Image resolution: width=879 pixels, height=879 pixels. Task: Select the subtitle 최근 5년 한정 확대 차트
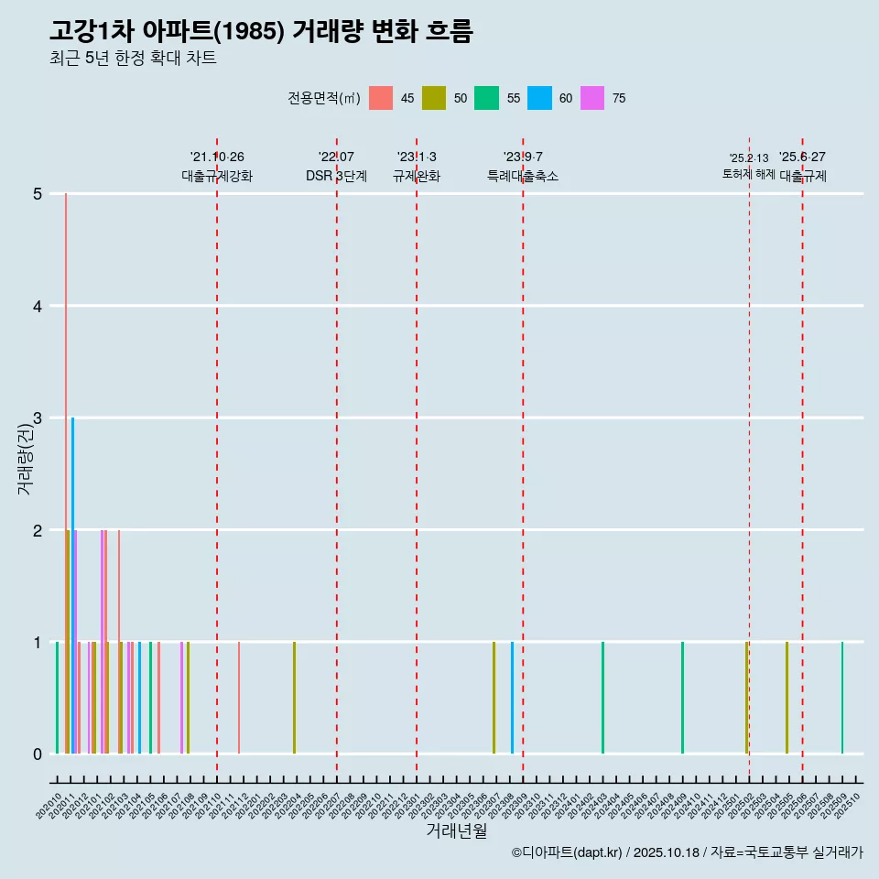(x=133, y=59)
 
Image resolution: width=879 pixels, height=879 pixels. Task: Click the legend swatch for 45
(x=381, y=98)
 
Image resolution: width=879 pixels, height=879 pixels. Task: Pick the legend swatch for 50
(x=434, y=98)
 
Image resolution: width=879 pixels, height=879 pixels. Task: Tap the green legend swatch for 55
(x=486, y=98)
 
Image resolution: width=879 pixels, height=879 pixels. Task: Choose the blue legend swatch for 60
(x=539, y=98)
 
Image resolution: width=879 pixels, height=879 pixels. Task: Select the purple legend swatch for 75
(x=592, y=98)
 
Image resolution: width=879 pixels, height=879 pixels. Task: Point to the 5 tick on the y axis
(x=38, y=194)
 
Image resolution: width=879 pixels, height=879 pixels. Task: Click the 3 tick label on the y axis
(x=38, y=418)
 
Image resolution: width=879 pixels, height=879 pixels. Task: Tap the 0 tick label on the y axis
(x=38, y=754)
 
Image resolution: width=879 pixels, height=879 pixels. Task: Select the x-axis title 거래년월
(x=456, y=830)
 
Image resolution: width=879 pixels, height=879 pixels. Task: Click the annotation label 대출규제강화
(x=217, y=176)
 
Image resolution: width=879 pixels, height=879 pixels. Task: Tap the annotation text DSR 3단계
(x=336, y=176)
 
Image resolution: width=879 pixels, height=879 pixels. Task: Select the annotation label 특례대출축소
(x=522, y=176)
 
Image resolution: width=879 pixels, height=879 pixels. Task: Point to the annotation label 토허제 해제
(x=748, y=174)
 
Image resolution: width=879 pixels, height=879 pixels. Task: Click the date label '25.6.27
(x=802, y=157)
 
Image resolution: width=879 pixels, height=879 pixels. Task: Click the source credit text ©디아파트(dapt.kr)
(x=567, y=852)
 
